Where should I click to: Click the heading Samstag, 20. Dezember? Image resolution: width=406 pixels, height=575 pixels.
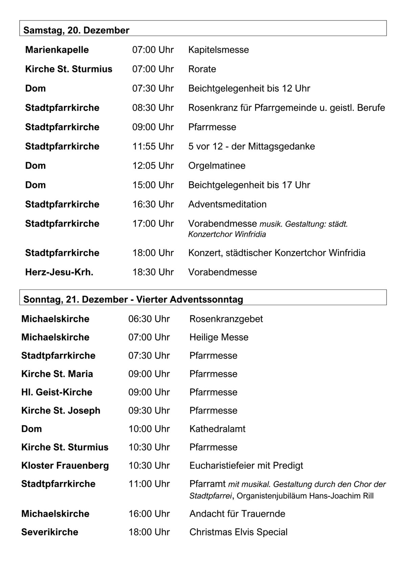(76, 30)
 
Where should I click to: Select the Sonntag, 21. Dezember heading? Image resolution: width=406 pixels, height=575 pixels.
(133, 300)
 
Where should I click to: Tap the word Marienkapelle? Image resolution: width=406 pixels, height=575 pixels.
(57, 50)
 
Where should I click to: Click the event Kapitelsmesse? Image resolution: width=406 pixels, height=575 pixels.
(218, 50)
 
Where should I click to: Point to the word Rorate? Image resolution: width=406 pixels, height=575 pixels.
(202, 69)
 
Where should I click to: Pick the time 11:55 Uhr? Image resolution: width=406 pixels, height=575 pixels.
(153, 146)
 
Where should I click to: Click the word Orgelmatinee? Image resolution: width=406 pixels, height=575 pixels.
(217, 166)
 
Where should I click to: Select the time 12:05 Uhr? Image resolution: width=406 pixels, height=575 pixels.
(153, 166)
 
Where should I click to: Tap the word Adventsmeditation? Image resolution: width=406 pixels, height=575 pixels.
(227, 204)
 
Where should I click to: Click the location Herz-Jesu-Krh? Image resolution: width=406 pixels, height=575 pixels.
(59, 272)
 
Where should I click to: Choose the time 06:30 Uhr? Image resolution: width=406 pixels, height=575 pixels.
(149, 319)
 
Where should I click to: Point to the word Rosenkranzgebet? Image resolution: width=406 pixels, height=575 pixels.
(226, 319)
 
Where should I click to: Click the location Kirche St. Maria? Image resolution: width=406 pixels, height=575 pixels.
(57, 374)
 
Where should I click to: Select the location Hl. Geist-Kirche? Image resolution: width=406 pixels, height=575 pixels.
(57, 392)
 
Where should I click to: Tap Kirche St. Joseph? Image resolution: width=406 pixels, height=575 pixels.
(61, 410)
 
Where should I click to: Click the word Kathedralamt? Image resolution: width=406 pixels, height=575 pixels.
(217, 429)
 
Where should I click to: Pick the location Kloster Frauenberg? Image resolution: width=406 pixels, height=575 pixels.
(65, 466)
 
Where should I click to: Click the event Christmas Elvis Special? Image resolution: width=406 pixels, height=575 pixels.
(238, 532)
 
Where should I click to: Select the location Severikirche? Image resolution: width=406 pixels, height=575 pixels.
(50, 532)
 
